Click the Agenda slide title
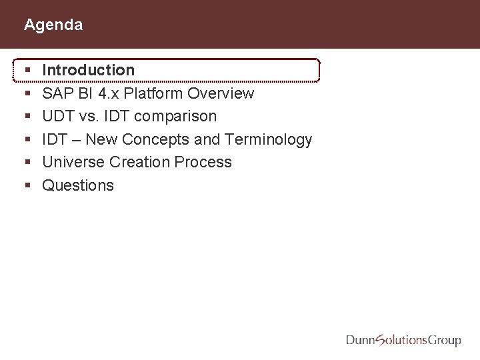pyautogui.click(x=53, y=25)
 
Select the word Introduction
pyautogui.click(x=88, y=70)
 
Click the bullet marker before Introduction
pyautogui.click(x=27, y=70)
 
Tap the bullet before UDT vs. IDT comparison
pyautogui.click(x=27, y=116)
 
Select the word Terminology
pyautogui.click(x=269, y=139)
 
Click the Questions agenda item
pyautogui.click(x=78, y=185)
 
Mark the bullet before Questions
pyautogui.click(x=27, y=185)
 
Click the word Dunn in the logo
pyautogui.click(x=361, y=340)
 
